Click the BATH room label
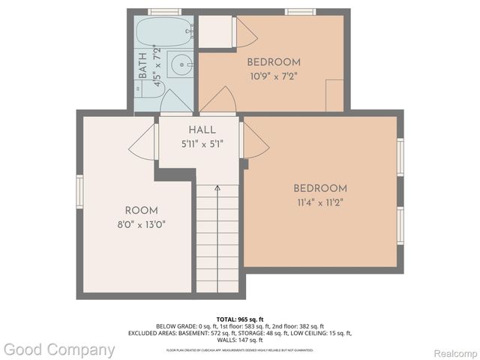pyautogui.click(x=143, y=66)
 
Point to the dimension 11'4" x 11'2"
pyautogui.click(x=320, y=202)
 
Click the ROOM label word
pyautogui.click(x=141, y=211)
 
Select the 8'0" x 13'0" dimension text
pyautogui.click(x=141, y=224)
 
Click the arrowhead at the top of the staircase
pyautogui.click(x=217, y=189)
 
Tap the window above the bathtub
pyautogui.click(x=164, y=11)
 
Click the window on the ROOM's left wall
pyautogui.click(x=79, y=191)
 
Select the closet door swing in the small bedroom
pyautogui.click(x=246, y=34)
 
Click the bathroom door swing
pyautogui.click(x=176, y=103)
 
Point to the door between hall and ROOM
pyautogui.click(x=143, y=142)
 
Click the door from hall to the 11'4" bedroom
pyautogui.click(x=254, y=141)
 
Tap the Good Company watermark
pyautogui.click(x=58, y=349)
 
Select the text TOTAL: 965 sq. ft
pyautogui.click(x=239, y=319)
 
